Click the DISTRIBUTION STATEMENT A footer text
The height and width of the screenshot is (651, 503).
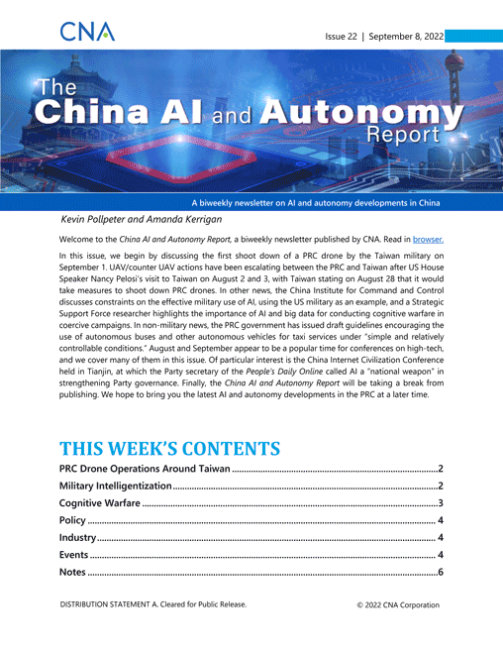pyautogui.click(x=156, y=631)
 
